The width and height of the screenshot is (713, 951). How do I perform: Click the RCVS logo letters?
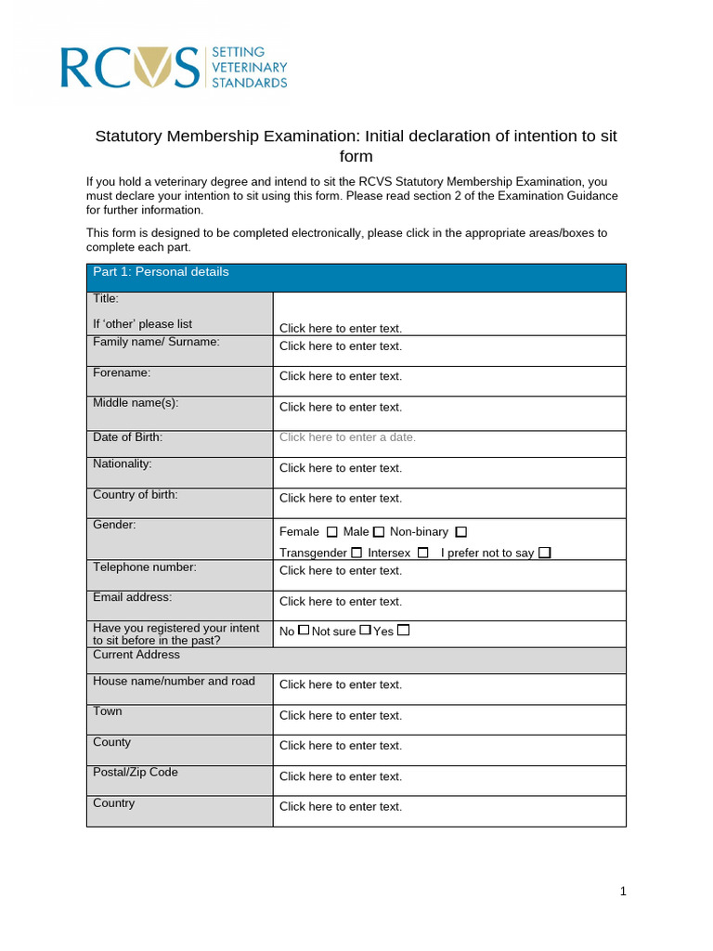[x=130, y=69]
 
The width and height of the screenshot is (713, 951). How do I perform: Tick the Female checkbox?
[x=331, y=532]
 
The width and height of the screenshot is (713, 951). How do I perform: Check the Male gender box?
[x=378, y=532]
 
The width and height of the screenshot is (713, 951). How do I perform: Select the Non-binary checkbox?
[x=461, y=532]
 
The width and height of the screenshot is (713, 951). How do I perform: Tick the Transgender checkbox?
[x=356, y=553]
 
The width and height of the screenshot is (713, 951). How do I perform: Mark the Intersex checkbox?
[x=422, y=553]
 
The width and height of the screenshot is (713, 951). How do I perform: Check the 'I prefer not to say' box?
[x=545, y=553]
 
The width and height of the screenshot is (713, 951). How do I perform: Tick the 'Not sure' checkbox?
[x=365, y=631]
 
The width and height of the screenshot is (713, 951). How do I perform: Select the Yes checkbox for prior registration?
[x=403, y=631]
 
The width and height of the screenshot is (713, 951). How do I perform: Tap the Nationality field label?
[x=122, y=463]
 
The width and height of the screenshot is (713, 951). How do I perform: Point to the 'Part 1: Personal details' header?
[x=161, y=272]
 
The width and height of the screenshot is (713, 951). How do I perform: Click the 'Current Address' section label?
[x=136, y=655]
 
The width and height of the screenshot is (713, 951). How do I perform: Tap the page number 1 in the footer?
[x=623, y=892]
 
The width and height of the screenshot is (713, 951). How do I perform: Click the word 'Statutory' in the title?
[x=129, y=137]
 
